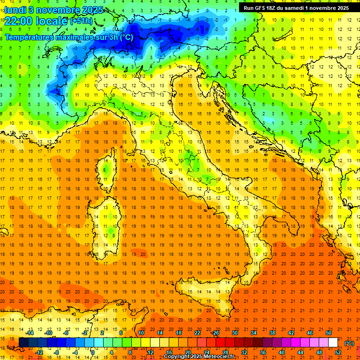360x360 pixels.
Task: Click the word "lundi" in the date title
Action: tap(15, 9)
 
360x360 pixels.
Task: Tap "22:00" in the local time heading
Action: tap(19, 21)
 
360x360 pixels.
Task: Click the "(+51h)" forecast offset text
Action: tap(82, 21)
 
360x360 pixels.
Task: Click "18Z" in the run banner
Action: tap(276, 8)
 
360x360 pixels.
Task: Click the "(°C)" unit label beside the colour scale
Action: tap(349, 343)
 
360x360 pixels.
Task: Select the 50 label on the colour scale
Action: tap(328, 333)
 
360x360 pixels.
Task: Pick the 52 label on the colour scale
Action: tap(337, 352)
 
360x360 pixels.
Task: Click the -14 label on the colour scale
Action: tap(30, 333)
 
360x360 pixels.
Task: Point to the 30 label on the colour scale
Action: tap(234, 333)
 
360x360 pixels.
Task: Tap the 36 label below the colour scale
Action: tap(262, 352)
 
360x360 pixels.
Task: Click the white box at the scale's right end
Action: tap(333, 343)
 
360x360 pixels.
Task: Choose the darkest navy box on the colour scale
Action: tap(23, 343)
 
